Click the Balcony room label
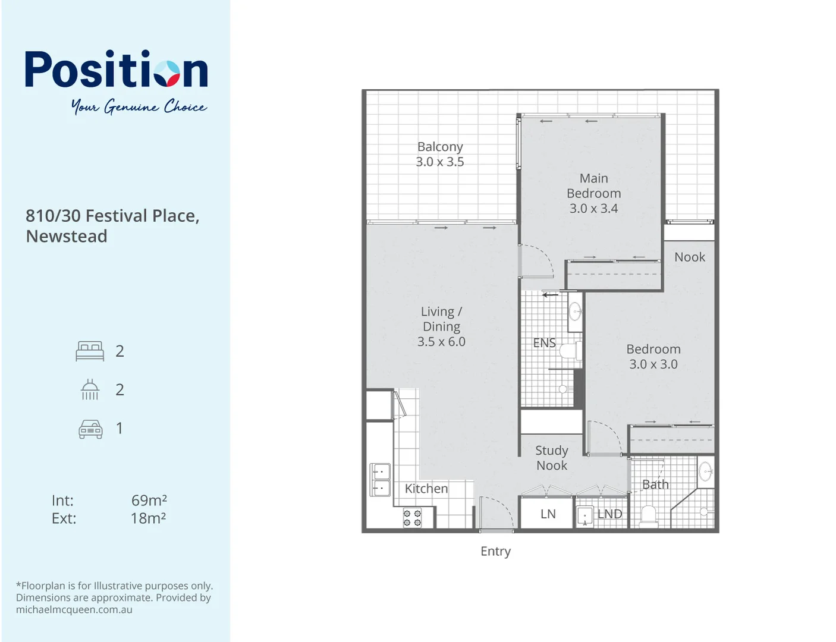pyautogui.click(x=440, y=147)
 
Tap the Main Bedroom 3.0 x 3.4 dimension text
pyautogui.click(x=593, y=209)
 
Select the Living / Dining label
pyautogui.click(x=441, y=319)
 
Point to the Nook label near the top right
pyautogui.click(x=689, y=257)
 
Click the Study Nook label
pyautogui.click(x=552, y=458)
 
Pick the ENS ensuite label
pyautogui.click(x=544, y=343)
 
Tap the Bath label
pyautogui.click(x=655, y=485)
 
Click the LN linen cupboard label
pyautogui.click(x=548, y=514)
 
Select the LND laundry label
pyautogui.click(x=609, y=514)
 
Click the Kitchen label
pyautogui.click(x=426, y=489)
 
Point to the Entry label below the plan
pyautogui.click(x=495, y=552)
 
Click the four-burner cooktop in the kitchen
pyautogui.click(x=412, y=518)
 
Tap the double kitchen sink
pyautogui.click(x=380, y=480)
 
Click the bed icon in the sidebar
pyautogui.click(x=90, y=351)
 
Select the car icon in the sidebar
pyautogui.click(x=90, y=429)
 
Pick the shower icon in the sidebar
pyautogui.click(x=90, y=390)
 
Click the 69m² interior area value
pyautogui.click(x=149, y=501)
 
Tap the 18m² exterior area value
pyautogui.click(x=148, y=519)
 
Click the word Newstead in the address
pyautogui.click(x=67, y=237)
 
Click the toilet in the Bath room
pyautogui.click(x=648, y=516)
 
